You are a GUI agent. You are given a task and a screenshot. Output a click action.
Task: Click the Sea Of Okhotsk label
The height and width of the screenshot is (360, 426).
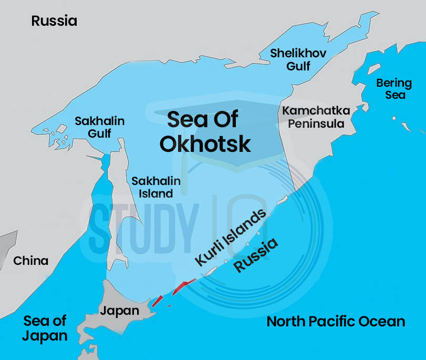click(x=205, y=131)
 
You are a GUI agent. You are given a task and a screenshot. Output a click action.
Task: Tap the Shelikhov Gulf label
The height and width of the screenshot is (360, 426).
click(x=298, y=59)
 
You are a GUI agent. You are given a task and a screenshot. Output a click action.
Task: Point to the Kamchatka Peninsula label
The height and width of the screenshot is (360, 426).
click(x=313, y=117)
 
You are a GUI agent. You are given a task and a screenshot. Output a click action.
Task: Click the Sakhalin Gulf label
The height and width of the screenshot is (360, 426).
click(x=99, y=127)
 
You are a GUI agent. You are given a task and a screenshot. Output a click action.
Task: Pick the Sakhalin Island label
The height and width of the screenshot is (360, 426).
click(x=155, y=187)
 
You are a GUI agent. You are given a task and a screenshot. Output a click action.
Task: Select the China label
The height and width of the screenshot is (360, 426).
click(x=30, y=261)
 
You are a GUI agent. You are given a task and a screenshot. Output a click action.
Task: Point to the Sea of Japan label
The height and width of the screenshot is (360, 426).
click(x=45, y=328)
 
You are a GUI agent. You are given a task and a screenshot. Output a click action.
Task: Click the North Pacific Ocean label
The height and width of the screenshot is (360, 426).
click(x=336, y=322)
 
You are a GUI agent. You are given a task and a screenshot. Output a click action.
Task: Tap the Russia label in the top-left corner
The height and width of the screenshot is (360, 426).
click(x=54, y=21)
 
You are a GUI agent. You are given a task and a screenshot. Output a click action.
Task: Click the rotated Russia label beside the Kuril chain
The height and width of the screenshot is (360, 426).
click(x=255, y=255)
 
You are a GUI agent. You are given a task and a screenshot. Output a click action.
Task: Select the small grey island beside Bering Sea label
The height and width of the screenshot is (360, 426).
click(x=373, y=69)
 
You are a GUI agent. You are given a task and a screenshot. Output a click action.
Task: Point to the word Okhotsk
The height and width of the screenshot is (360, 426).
click(x=205, y=143)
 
